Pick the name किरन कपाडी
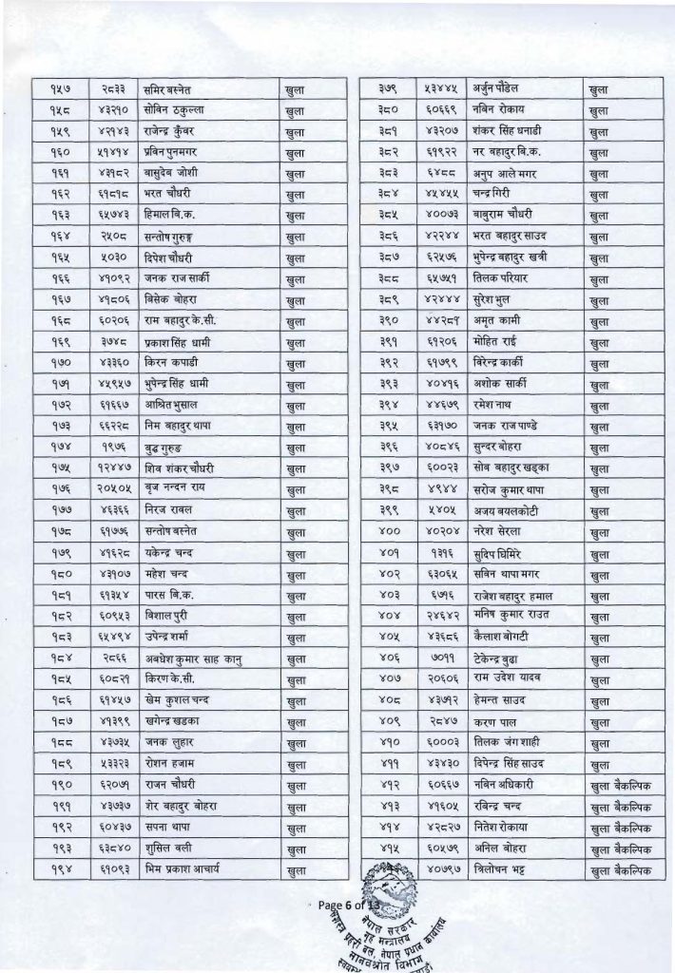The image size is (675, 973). point(170,363)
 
